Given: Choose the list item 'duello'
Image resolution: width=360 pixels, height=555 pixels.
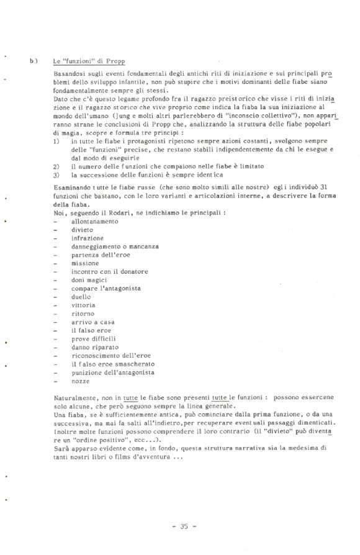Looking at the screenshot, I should tap(82, 297).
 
